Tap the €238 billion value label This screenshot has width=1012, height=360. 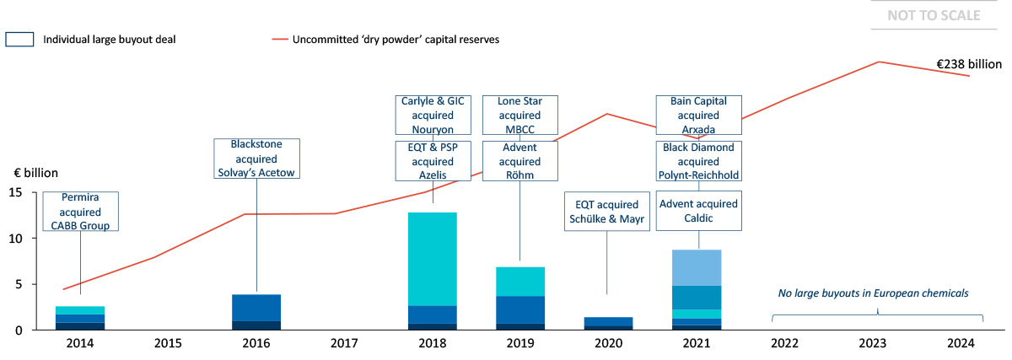tap(969, 64)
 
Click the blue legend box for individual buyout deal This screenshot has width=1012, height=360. tap(19, 40)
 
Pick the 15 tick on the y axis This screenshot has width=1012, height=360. tap(15, 192)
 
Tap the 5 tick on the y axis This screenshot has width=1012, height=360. tap(19, 284)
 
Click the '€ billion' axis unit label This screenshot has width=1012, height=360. tap(35, 173)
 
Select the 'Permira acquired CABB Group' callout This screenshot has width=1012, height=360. tap(80, 212)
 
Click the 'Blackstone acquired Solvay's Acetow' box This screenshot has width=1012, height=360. tap(256, 159)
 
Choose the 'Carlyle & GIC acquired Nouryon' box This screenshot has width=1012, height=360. tap(433, 115)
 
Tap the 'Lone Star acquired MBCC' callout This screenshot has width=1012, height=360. tap(519, 115)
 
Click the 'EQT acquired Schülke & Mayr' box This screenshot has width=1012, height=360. tap(606, 212)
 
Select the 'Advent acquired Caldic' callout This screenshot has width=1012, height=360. tap(698, 212)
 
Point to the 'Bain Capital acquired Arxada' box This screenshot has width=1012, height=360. tap(698, 115)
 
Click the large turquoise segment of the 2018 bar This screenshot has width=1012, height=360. tap(433, 259)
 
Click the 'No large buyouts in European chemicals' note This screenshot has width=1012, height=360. tap(872, 293)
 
